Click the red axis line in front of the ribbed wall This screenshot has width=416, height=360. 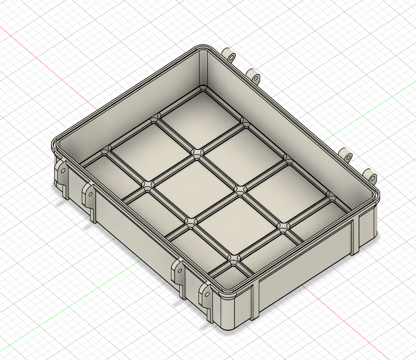click(x=349, y=322)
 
